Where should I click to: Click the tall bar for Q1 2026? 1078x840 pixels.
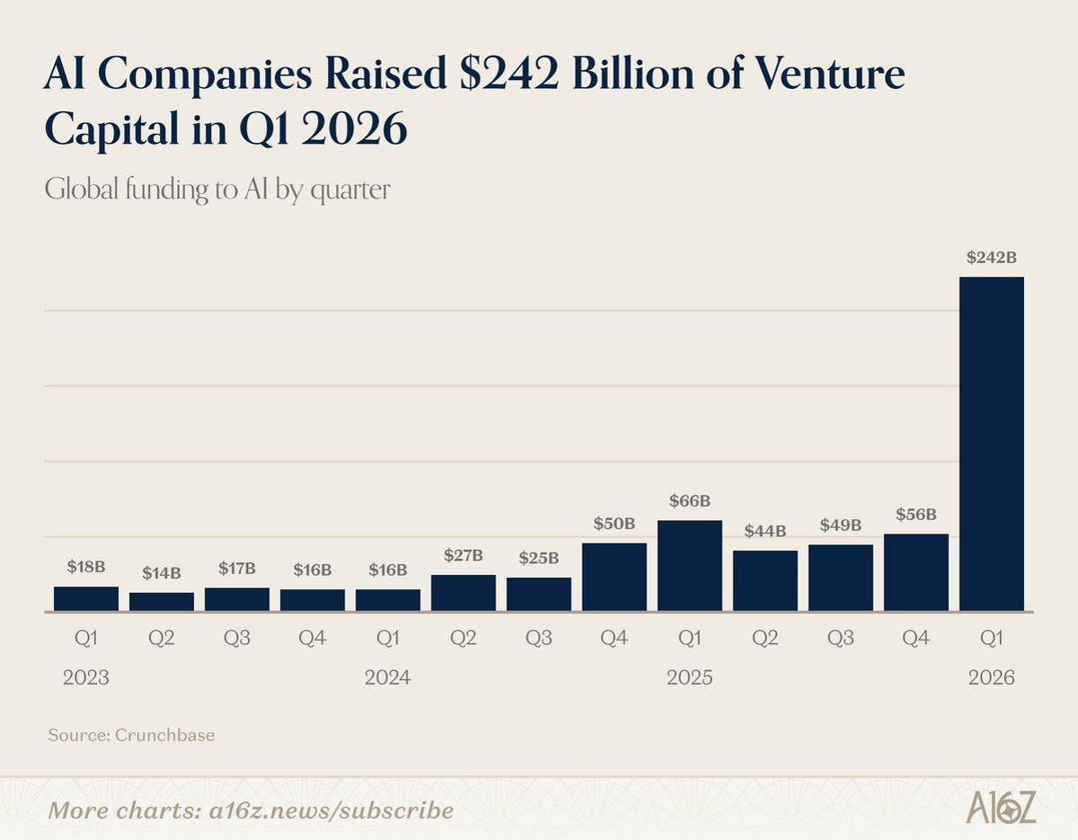point(992,445)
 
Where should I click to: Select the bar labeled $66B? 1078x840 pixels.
point(689,566)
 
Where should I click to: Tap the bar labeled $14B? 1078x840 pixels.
point(162,602)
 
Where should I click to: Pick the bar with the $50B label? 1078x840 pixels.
point(614,577)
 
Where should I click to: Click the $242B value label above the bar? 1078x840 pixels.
point(991,257)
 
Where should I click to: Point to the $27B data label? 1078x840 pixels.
point(464,555)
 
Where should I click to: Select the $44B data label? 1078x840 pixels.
point(764,531)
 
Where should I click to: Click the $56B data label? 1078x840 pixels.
point(915,515)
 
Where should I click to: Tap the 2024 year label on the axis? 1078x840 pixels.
point(387,678)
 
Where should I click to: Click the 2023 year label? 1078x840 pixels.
point(85,678)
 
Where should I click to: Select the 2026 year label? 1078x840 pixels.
point(991,678)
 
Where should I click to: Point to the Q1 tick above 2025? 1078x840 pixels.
point(689,639)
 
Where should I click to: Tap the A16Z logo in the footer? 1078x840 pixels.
point(1001,808)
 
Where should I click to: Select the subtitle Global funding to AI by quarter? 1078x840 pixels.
point(216,190)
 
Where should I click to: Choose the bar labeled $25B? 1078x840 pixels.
point(538,594)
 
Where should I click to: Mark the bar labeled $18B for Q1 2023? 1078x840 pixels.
point(85,598)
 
